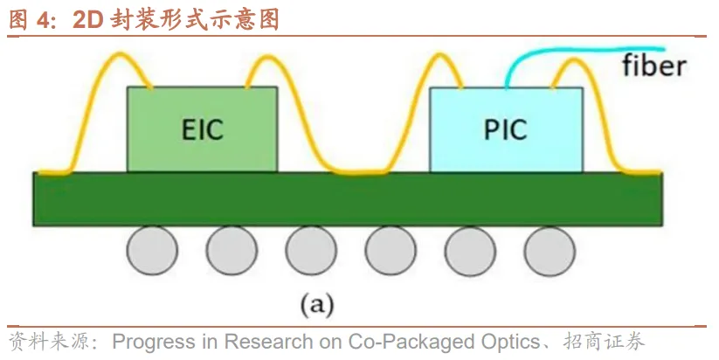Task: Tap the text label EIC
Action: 202,130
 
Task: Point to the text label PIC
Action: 506,130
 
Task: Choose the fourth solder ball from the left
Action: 391,251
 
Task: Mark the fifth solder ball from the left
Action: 470,251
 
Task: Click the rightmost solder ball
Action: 550,251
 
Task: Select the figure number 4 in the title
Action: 41,20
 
